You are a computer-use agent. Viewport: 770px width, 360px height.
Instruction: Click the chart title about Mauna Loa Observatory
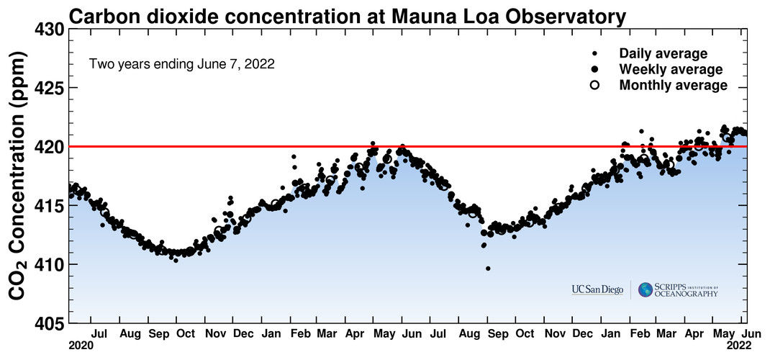[348, 17]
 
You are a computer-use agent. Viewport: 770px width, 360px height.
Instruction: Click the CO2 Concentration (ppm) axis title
[19, 175]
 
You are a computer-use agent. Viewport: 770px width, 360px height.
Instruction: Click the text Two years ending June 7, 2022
[181, 64]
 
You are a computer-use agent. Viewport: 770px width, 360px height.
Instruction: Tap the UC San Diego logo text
[597, 289]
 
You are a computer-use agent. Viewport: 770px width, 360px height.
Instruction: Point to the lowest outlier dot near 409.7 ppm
[488, 268]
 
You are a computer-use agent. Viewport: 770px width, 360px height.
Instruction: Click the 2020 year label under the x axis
[81, 346]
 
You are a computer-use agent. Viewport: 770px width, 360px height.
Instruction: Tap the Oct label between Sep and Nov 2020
[186, 334]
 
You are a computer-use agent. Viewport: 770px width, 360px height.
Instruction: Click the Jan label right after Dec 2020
[271, 334]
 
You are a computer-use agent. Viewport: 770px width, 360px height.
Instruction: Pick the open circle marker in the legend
[595, 85]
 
